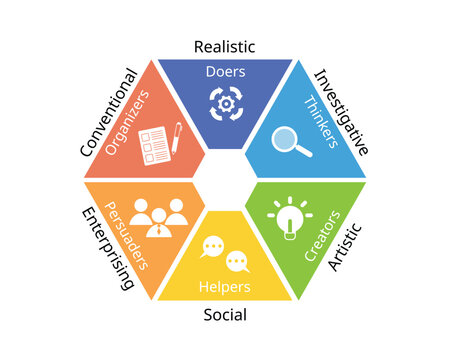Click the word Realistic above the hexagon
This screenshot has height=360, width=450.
click(224, 47)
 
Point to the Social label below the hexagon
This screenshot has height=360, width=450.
click(226, 315)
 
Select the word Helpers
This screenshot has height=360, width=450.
click(224, 288)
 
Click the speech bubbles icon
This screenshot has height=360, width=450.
click(224, 256)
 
